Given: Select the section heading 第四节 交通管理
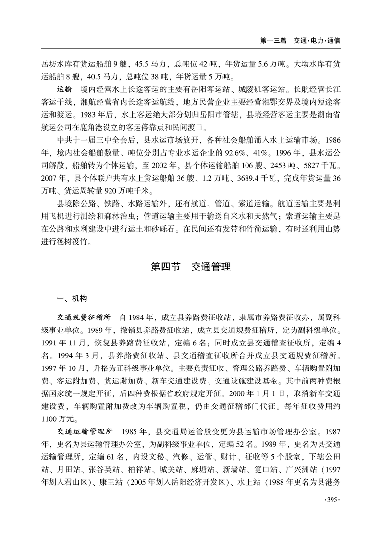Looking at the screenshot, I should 190,268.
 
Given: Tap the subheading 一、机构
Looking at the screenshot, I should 72,298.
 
